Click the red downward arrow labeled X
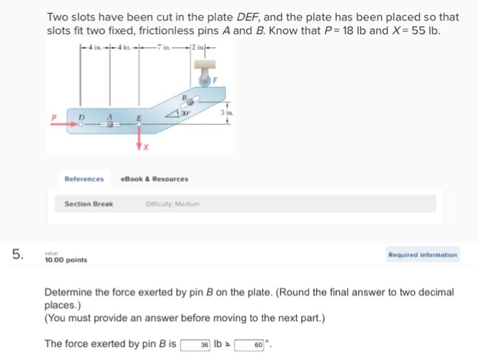(x=140, y=141)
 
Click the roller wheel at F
(x=204, y=81)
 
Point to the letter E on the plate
(x=138, y=118)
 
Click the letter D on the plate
(x=80, y=117)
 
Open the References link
(x=84, y=179)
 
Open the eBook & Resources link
(x=154, y=179)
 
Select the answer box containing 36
(x=196, y=344)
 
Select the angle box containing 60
(x=251, y=344)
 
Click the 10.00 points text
(x=66, y=260)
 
